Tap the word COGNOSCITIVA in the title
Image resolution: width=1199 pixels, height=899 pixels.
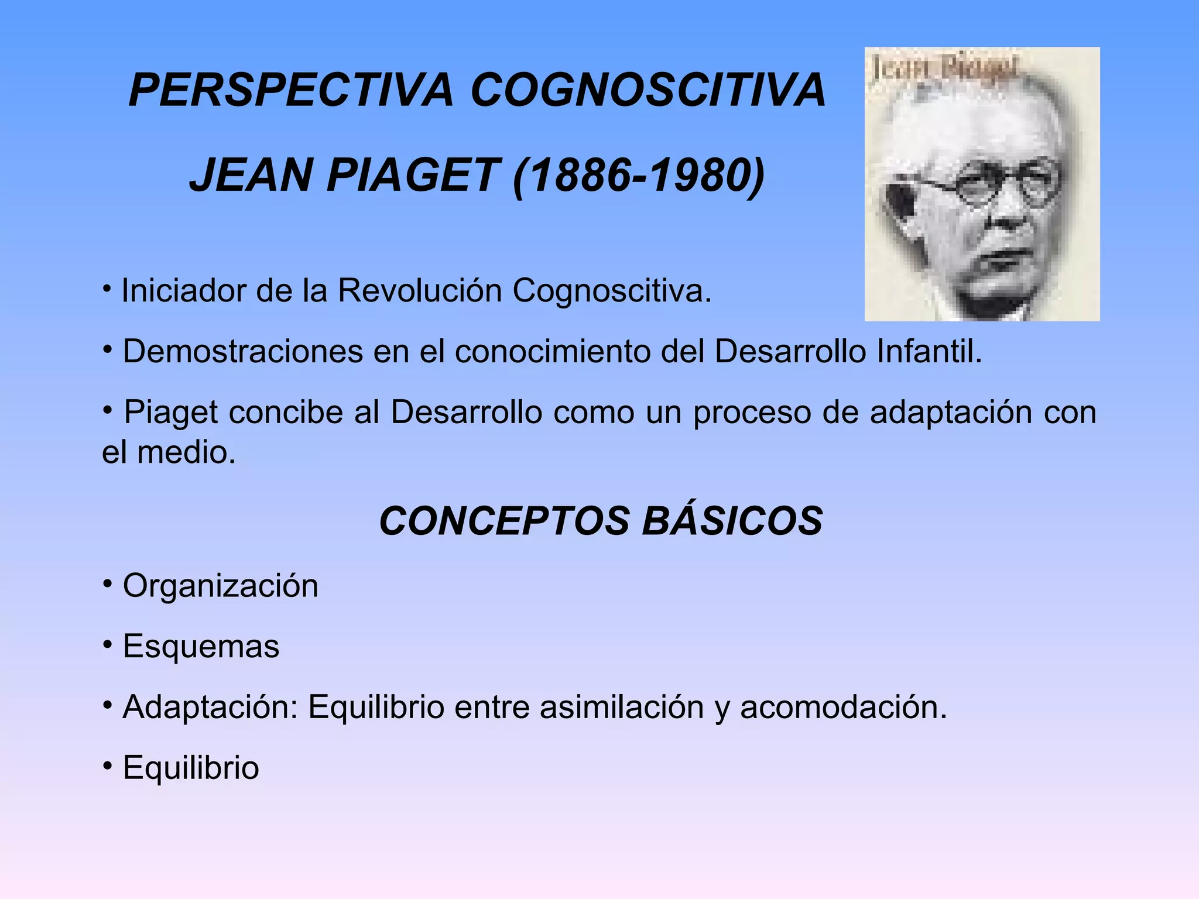[648, 90]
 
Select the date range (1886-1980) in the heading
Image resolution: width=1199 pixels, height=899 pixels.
[639, 176]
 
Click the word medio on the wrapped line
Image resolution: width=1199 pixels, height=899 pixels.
[186, 452]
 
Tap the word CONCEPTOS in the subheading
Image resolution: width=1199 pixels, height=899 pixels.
[504, 521]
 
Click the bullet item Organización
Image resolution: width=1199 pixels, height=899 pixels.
[220, 586]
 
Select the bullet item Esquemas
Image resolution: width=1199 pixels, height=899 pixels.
[201, 647]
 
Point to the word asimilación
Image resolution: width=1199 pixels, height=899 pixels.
[621, 707]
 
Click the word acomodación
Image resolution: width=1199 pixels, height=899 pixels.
[843, 707]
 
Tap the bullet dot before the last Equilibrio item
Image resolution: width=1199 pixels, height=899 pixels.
[107, 766]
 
